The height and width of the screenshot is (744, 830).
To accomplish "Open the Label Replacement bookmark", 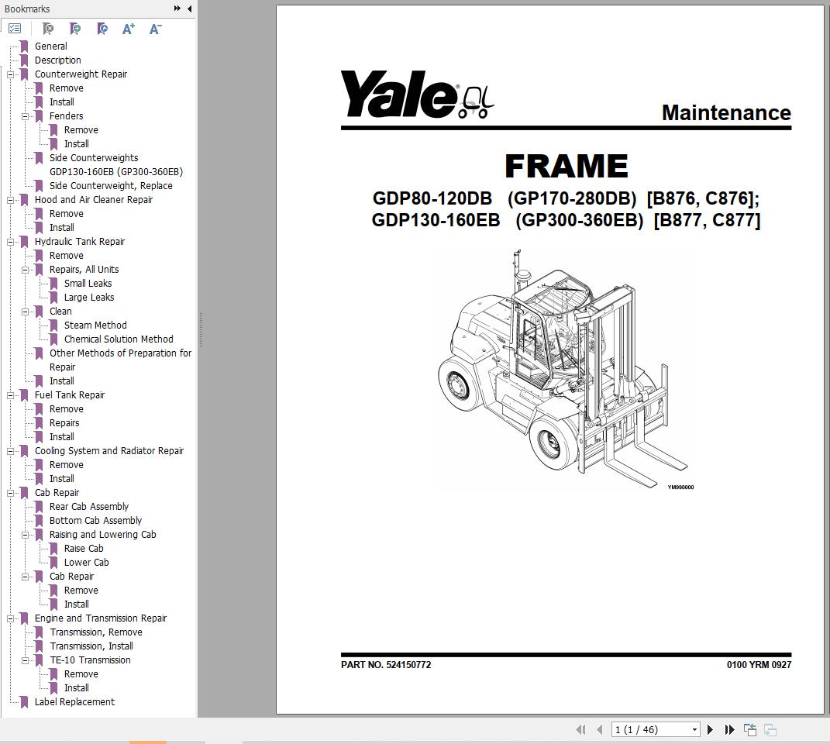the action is [x=74, y=701].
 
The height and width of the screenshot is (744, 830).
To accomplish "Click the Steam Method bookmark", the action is [x=95, y=325].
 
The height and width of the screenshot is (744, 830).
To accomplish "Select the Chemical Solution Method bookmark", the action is [x=119, y=339].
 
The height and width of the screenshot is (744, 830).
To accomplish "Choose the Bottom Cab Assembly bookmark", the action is [x=95, y=521].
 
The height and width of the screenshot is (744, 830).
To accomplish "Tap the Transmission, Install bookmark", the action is [x=91, y=646].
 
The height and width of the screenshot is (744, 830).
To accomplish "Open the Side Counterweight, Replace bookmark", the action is [x=111, y=186].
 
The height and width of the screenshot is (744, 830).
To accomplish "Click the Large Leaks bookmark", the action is [x=89, y=297].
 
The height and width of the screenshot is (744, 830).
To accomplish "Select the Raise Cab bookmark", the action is [x=84, y=549].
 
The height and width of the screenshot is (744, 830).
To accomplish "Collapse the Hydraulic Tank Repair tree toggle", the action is [x=10, y=242].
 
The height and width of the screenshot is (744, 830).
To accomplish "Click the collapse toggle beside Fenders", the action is [x=25, y=116].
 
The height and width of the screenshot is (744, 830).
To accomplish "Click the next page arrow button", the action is [x=711, y=730].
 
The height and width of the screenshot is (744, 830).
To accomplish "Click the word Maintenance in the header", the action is [x=726, y=113].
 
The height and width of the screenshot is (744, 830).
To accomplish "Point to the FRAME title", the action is [x=567, y=167].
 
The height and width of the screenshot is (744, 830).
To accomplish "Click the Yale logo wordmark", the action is [x=398, y=95].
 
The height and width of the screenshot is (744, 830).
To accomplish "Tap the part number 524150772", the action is [x=408, y=665].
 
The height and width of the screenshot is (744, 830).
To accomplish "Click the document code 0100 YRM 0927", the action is [x=759, y=665].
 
